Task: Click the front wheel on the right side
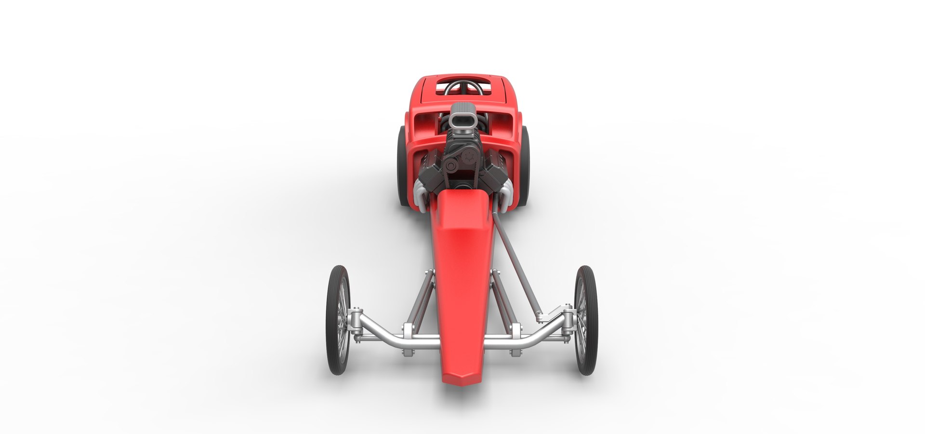tap(586, 320)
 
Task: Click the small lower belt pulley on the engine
tap(451, 166)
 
